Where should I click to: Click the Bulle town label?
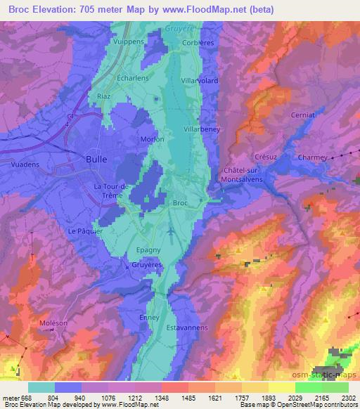pos(96,160)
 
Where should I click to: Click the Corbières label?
pos(197,41)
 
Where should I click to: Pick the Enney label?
pos(150,318)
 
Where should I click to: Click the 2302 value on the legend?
pos(348,398)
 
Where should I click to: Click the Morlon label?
pos(153,139)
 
